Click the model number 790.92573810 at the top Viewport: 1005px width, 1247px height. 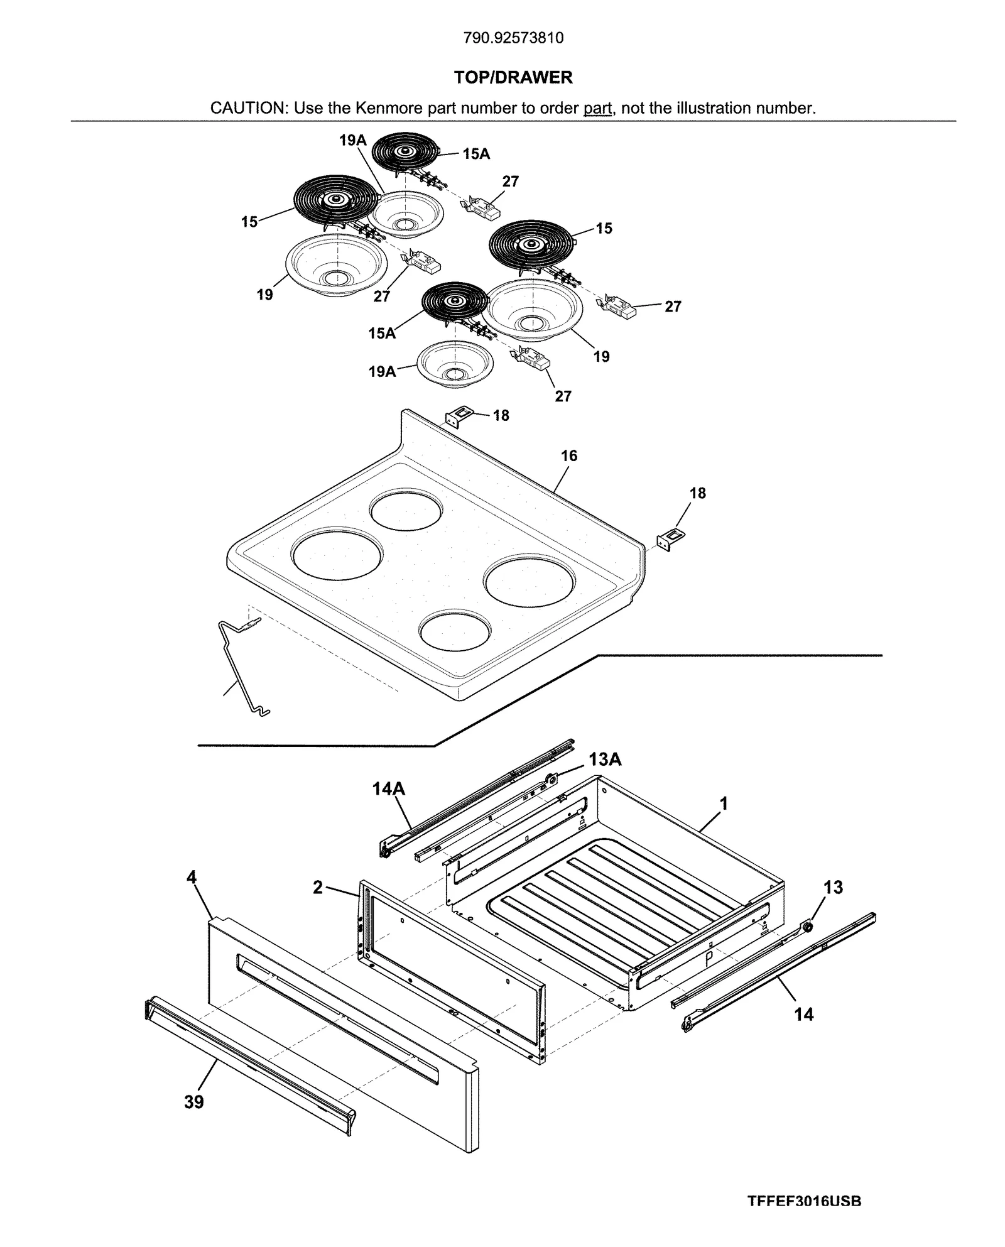click(x=513, y=38)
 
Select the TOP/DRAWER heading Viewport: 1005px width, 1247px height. click(x=513, y=77)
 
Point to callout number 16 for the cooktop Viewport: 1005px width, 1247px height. click(x=568, y=456)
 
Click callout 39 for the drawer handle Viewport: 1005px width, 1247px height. click(x=193, y=1102)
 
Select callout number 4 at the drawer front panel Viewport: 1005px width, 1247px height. click(x=192, y=878)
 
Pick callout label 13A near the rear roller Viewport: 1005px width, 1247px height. click(x=604, y=760)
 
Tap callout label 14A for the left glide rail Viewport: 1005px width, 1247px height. click(x=388, y=788)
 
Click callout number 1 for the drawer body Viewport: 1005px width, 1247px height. click(x=723, y=803)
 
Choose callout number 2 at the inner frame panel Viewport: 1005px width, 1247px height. click(x=318, y=887)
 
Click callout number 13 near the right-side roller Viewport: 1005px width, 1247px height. click(x=833, y=888)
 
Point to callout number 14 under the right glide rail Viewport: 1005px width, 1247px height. click(x=803, y=1014)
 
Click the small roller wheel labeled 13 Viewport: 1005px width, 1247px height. click(x=807, y=927)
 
